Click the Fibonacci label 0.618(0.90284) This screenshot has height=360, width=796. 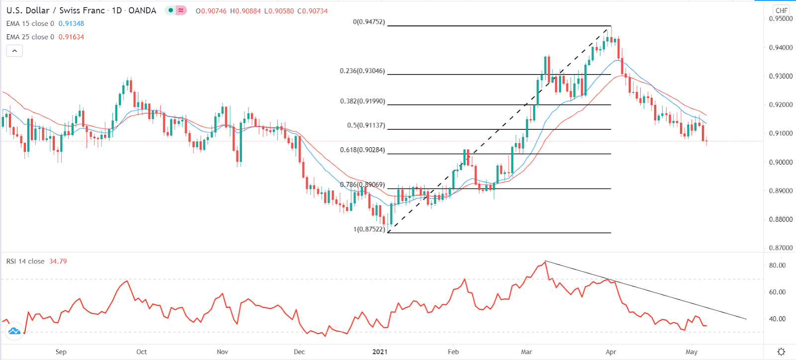[x=362, y=150]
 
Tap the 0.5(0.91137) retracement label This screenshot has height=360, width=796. [x=366, y=125]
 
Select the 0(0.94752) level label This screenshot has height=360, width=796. [x=369, y=22]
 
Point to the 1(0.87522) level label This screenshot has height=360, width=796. [x=369, y=229]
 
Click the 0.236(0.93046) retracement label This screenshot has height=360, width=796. [x=362, y=71]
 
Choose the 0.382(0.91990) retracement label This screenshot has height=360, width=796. [x=362, y=101]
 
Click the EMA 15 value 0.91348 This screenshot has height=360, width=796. [x=71, y=24]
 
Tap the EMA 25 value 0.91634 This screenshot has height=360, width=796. [x=71, y=37]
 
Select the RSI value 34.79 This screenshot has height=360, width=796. [x=58, y=262]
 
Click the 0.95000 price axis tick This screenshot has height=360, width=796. [x=781, y=19]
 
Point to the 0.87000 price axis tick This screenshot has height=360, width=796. [x=781, y=248]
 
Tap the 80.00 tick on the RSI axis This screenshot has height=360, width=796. [x=777, y=266]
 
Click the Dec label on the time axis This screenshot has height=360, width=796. [x=299, y=352]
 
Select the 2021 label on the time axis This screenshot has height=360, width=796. [x=380, y=352]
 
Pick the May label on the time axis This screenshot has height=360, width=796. [x=692, y=352]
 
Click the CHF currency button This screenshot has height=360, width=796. [x=781, y=10]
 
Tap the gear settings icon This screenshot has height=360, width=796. [x=781, y=352]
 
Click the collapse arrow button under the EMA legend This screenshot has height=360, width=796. [x=14, y=51]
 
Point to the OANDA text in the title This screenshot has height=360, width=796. [x=142, y=10]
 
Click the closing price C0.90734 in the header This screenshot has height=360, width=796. [x=312, y=11]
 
